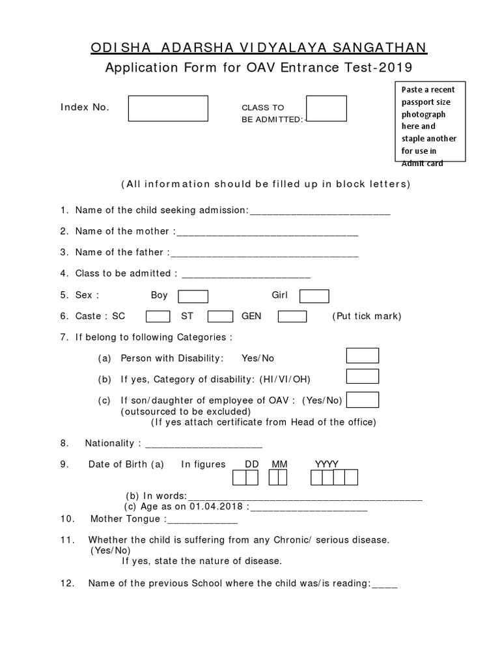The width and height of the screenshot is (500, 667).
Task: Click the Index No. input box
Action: pos(168,108)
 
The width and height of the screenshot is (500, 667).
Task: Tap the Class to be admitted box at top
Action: pos(326,108)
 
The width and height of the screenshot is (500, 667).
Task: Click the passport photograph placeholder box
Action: pos(430,121)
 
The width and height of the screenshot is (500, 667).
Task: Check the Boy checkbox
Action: pos(193,296)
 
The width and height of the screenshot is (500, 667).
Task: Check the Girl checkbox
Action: pos(314,296)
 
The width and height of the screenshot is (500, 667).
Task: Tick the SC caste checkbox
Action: pos(158,317)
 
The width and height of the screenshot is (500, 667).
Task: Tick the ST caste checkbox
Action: pos(220,317)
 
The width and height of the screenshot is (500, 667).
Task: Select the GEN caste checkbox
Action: pos(292,317)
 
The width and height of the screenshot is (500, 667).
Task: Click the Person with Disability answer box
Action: pos(363,356)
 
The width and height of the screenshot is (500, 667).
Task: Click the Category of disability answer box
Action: pos(363,376)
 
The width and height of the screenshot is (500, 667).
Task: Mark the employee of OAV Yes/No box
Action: pos(367,399)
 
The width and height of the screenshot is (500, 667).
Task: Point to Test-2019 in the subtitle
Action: pos(383,68)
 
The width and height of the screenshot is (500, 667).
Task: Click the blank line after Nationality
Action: pos(203,445)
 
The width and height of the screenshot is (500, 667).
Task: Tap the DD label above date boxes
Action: pos(252,464)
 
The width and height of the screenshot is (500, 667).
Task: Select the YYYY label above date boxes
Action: pos(327,464)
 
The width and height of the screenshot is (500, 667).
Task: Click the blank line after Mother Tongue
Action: pos(203,520)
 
